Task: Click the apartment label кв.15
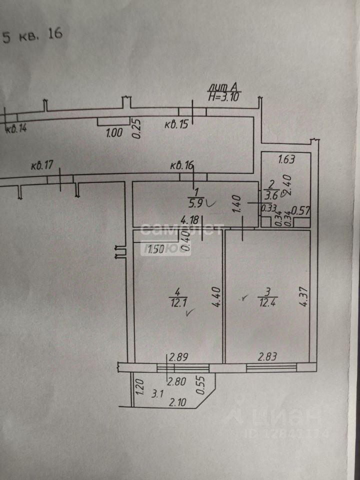pos(176,124)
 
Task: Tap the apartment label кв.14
pos(16,128)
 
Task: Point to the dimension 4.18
pos(190,219)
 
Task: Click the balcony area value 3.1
pos(157,393)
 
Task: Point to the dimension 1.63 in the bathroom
pos(286,160)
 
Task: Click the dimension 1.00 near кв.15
pos(114,133)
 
